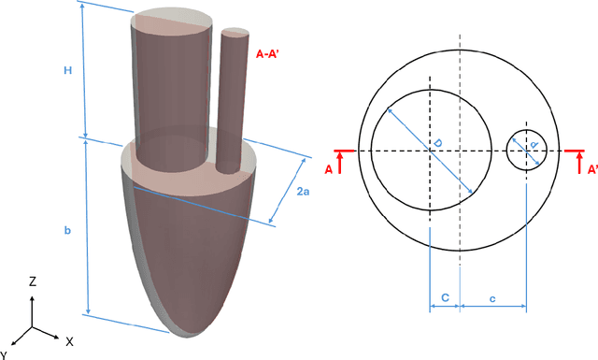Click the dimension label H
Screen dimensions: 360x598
[x=67, y=69]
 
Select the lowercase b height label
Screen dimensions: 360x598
[x=67, y=229]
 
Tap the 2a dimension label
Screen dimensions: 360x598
[x=303, y=192]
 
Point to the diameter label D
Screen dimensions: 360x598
[x=436, y=144]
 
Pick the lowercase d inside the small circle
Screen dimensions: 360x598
[x=533, y=145]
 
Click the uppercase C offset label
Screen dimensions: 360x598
[x=444, y=297]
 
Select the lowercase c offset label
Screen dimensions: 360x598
[x=492, y=297]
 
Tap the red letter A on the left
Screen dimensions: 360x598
[x=328, y=170]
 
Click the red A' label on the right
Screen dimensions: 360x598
[x=592, y=170]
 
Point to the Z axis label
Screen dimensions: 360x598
[x=32, y=280]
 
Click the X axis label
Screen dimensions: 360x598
[x=69, y=342]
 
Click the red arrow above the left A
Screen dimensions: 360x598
[x=341, y=163]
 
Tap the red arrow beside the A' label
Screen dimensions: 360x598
[x=579, y=163]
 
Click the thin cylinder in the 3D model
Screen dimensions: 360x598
[x=229, y=103]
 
